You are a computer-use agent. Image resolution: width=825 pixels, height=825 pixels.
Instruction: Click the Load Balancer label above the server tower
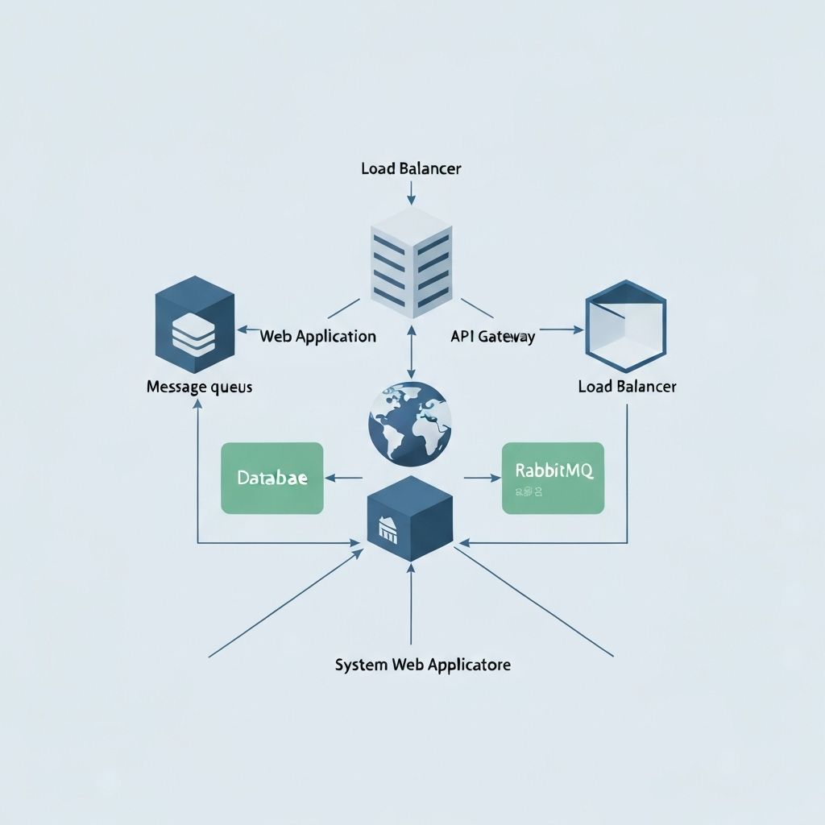coord(411,169)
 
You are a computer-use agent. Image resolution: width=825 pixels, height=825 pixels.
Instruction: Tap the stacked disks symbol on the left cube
coord(189,334)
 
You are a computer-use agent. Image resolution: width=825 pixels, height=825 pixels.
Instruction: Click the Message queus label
coord(199,387)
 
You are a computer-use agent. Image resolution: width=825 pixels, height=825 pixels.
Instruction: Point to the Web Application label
coord(318,337)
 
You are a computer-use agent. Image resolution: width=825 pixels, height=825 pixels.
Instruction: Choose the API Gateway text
coord(492,338)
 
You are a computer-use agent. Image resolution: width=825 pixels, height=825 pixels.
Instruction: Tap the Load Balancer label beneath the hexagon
coord(627,387)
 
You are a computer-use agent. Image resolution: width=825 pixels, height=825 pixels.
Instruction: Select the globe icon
coord(410,421)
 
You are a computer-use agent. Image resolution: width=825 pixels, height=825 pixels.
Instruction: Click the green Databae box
coord(272,478)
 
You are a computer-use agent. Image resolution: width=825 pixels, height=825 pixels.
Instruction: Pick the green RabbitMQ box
coord(552,478)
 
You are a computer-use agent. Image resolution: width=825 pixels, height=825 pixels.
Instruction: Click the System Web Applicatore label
coord(422,665)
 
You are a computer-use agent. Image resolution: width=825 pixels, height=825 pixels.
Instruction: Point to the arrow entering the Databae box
coord(343,478)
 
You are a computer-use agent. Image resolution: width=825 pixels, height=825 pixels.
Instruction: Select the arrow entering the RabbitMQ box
coord(483,478)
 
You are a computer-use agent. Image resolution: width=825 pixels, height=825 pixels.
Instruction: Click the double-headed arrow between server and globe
coord(412,352)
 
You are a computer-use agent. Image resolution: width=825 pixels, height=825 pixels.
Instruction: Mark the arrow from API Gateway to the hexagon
coord(561,330)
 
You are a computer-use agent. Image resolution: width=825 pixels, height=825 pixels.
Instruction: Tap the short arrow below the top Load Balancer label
coord(412,193)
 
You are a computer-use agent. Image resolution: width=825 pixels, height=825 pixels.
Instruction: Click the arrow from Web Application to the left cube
coord(248,330)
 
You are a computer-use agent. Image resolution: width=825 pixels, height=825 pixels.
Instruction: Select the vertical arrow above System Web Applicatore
coord(411,604)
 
